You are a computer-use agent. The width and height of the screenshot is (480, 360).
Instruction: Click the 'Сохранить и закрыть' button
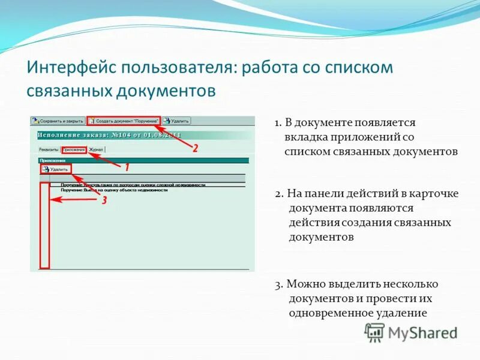click(x=58, y=121)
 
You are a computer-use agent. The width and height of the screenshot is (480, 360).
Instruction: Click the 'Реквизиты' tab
click(x=49, y=149)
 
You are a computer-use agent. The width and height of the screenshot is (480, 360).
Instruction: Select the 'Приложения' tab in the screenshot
click(x=73, y=149)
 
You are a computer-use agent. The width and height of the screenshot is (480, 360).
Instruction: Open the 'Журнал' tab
click(x=96, y=149)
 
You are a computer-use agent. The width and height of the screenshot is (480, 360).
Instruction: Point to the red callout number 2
click(x=195, y=148)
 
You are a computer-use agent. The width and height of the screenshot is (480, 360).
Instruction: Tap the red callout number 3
click(x=104, y=201)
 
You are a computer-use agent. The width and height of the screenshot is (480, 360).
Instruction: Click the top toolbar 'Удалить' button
click(x=176, y=121)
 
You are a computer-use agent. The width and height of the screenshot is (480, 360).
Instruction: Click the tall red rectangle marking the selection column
click(x=44, y=225)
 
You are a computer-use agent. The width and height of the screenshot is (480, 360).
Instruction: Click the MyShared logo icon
click(x=374, y=332)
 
